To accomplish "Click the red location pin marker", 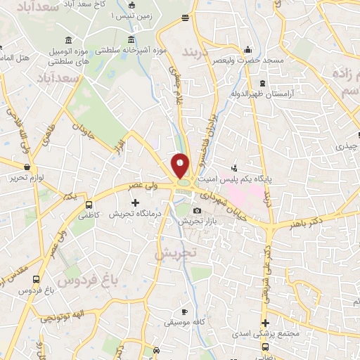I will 181,165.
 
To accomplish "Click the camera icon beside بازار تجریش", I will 197,210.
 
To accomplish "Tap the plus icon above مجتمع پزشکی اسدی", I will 264,321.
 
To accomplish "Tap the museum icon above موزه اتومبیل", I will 67,38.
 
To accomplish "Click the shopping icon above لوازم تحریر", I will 27,167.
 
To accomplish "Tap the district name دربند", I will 196,53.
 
